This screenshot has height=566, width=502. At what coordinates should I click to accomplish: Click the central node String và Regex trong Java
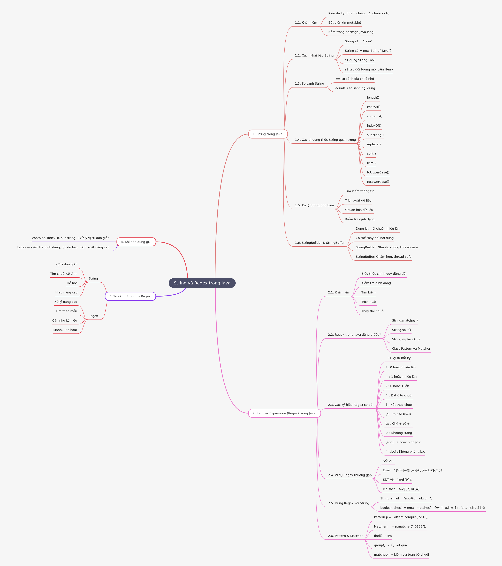(x=202, y=283)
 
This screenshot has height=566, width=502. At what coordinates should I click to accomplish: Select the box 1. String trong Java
(x=268, y=134)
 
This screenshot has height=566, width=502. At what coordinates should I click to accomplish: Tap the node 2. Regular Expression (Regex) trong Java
(x=284, y=413)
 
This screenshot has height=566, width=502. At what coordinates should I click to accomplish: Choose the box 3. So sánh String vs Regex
(x=130, y=296)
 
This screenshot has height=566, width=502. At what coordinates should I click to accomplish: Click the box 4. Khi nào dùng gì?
(x=136, y=242)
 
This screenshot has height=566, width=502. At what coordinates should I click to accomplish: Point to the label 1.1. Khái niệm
(x=306, y=23)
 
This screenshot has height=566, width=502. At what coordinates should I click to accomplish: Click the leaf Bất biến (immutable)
(x=345, y=23)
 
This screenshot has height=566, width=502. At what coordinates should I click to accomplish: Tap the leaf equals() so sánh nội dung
(x=355, y=88)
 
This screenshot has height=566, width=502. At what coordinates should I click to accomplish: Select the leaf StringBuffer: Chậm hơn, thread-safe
(x=383, y=257)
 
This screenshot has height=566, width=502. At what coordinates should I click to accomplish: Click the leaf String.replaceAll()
(x=406, y=339)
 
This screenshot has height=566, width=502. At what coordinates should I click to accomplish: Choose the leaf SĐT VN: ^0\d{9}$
(x=397, y=480)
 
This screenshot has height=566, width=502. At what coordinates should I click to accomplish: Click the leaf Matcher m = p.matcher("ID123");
(x=400, y=526)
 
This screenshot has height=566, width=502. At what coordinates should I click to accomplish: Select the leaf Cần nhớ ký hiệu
(x=65, y=320)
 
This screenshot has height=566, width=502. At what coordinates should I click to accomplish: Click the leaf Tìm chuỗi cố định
(x=64, y=274)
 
